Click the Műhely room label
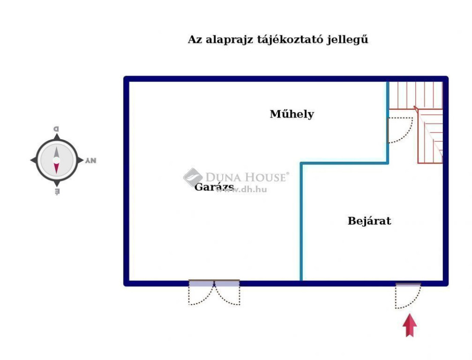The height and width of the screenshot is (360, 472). pyautogui.click(x=292, y=114)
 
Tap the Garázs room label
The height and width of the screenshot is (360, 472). pyautogui.click(x=214, y=187)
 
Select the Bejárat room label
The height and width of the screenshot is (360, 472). pyautogui.click(x=369, y=221)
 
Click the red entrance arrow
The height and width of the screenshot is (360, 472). pyautogui.click(x=410, y=325)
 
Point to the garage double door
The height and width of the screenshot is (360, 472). pyautogui.click(x=214, y=292)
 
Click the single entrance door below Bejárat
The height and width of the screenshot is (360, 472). pyautogui.click(x=408, y=295)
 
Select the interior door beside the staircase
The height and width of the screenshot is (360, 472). pyautogui.click(x=400, y=130)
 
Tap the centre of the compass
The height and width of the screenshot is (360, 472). pyautogui.click(x=57, y=160)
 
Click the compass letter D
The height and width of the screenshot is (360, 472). pyautogui.click(x=56, y=129)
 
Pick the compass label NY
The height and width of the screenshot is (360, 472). pyautogui.click(x=91, y=160)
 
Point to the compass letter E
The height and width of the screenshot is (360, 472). pyautogui.click(x=57, y=191)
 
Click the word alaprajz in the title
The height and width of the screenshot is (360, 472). pyautogui.click(x=230, y=40)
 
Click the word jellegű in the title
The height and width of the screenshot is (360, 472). pyautogui.click(x=348, y=40)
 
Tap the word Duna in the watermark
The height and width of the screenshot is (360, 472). pyautogui.click(x=223, y=177)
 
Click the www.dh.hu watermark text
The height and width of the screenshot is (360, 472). pyautogui.click(x=241, y=189)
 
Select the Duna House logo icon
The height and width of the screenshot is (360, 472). pyautogui.click(x=193, y=177)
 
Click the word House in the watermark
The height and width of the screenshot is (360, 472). pyautogui.click(x=265, y=177)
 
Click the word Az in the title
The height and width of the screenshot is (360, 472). pyautogui.click(x=195, y=40)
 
